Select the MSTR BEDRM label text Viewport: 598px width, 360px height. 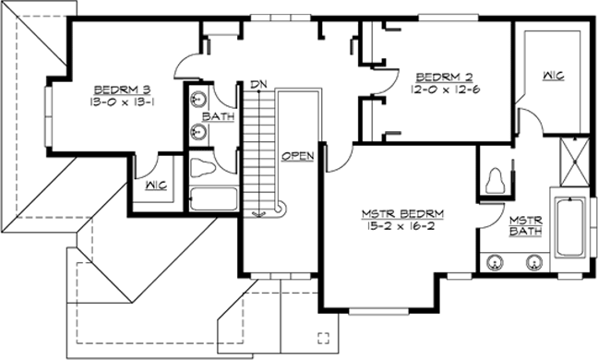402,213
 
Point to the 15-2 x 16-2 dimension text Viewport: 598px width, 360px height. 402,225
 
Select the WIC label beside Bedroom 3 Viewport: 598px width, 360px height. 154,185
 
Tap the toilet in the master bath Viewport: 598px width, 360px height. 496,178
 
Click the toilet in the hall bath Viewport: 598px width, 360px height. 203,167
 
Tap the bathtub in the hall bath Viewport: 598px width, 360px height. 211,200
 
